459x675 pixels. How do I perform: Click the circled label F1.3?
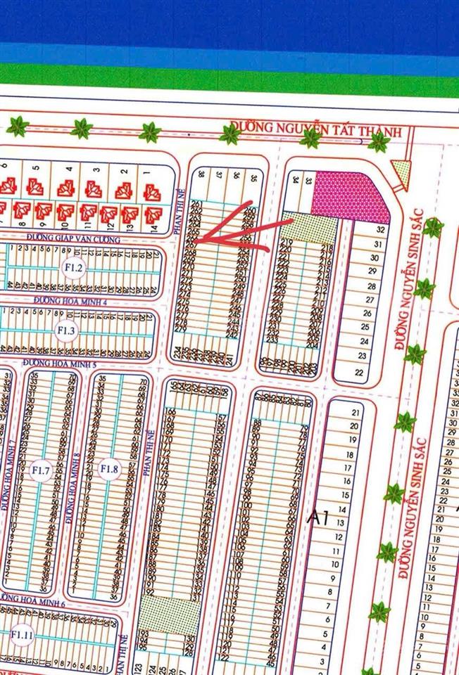click(x=67, y=330)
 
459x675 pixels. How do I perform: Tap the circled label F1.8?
click(x=109, y=469)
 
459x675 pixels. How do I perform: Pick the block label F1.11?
click(x=23, y=634)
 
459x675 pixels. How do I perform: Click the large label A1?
click(x=319, y=519)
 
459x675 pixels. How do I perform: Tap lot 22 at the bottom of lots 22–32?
click(x=360, y=372)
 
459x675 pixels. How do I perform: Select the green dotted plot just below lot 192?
click(x=158, y=613)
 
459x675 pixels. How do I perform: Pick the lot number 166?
click(x=169, y=411)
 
